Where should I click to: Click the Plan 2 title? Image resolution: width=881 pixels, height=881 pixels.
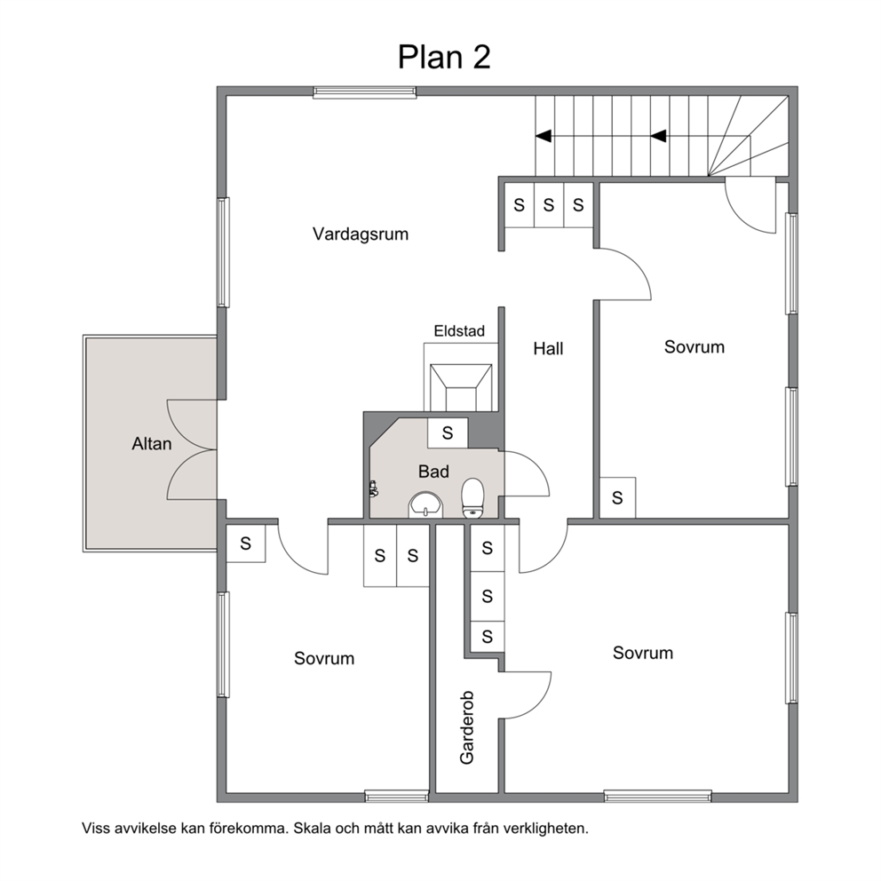444,57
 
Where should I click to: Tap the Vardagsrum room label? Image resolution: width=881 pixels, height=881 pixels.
361,234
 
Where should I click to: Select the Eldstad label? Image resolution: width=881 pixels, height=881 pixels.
459,331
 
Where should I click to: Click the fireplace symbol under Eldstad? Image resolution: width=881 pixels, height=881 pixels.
461,386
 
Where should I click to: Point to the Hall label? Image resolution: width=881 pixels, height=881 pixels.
548,349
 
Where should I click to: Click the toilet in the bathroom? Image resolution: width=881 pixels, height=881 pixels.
472,497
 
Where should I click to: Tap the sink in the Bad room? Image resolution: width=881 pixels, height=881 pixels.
426,505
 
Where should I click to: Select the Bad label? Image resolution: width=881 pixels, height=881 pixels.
433,472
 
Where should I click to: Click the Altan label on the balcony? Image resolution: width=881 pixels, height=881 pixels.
152,444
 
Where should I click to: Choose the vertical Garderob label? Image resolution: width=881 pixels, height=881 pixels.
467,727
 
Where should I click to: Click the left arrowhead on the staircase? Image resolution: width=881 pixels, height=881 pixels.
544,136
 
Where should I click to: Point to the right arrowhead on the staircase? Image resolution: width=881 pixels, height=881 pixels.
658,136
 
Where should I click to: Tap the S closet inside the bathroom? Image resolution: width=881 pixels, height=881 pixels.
448,433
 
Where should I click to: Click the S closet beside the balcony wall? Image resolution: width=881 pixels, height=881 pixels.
245,544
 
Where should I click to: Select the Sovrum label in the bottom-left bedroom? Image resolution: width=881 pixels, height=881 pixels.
324,658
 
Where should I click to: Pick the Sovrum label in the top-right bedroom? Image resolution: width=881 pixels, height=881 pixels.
694,347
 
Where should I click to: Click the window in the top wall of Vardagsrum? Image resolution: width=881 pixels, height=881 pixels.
365,92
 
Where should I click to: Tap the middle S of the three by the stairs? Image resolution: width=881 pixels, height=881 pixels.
548,205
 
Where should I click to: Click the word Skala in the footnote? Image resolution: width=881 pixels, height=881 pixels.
311,829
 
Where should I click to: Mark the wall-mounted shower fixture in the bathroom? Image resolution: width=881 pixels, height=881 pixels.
372,488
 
